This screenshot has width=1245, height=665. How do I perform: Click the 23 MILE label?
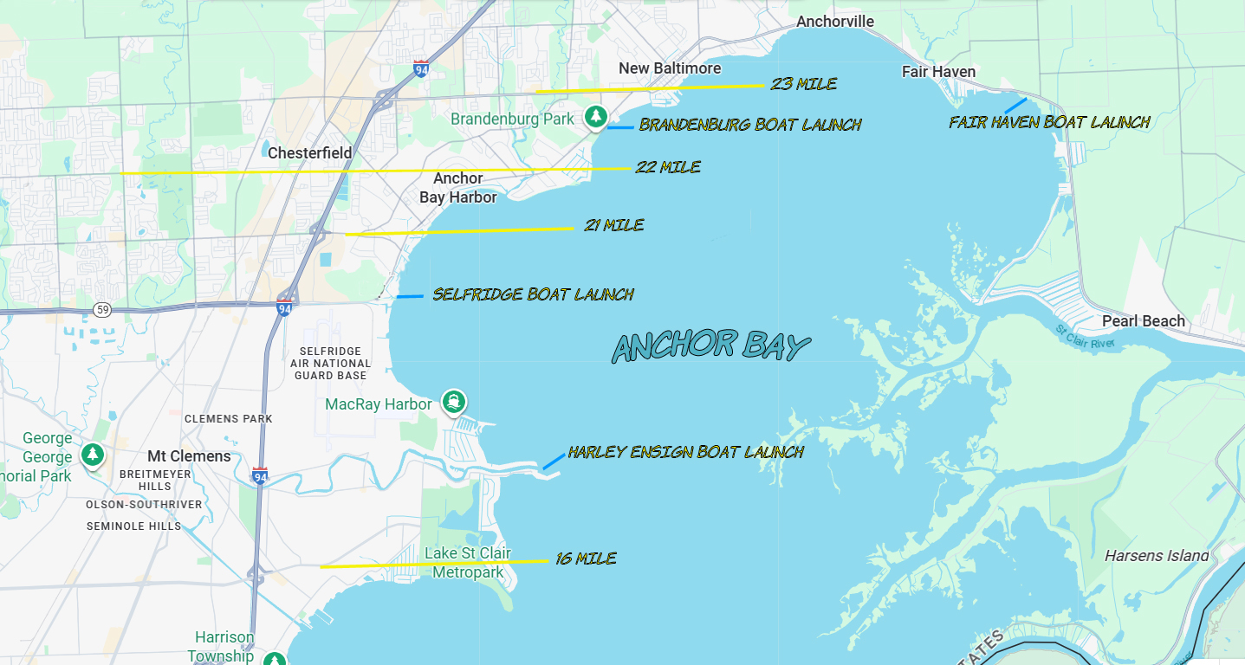click(x=803, y=84)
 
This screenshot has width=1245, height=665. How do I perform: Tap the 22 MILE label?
click(x=668, y=167)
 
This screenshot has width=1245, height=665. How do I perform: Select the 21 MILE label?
click(x=614, y=225)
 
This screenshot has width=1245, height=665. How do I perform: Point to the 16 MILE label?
click(x=587, y=559)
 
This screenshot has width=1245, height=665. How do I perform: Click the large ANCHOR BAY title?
click(x=710, y=346)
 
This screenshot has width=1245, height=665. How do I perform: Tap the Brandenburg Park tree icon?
click(x=595, y=116)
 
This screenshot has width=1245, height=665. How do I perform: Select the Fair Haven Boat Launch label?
click(x=1049, y=122)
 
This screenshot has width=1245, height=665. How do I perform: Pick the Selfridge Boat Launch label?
click(x=533, y=294)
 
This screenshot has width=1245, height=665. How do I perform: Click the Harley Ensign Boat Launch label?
click(x=685, y=452)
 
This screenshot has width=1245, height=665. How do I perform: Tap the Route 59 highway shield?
click(x=103, y=309)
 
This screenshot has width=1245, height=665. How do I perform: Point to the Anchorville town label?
click(x=835, y=22)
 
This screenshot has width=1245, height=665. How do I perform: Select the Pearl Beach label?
click(x=1143, y=321)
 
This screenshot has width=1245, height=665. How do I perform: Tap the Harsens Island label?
click(x=1157, y=556)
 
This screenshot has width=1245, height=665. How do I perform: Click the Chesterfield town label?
click(x=309, y=153)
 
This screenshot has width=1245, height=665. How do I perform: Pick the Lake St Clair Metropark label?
click(x=468, y=563)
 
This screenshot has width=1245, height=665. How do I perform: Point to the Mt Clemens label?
click(x=189, y=456)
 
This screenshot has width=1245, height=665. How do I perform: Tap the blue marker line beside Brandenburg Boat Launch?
click(x=619, y=127)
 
